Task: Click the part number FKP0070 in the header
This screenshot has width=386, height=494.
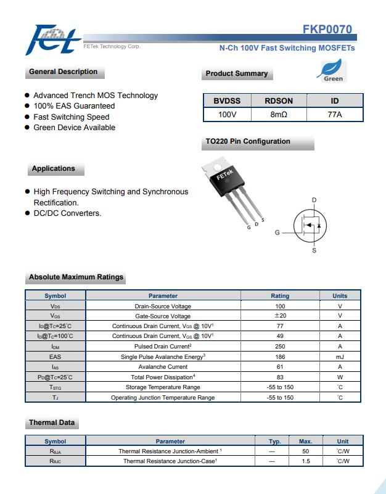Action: click(327, 29)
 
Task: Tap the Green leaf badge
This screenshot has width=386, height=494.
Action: click(333, 71)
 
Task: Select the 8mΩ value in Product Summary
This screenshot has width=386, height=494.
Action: click(279, 114)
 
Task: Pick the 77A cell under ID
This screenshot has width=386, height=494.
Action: click(334, 114)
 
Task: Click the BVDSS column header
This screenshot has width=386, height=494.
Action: click(227, 101)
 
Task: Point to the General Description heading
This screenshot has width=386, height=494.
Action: click(63, 72)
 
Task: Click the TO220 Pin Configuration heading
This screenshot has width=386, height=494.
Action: click(248, 141)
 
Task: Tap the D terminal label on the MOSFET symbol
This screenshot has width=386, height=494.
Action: click(314, 200)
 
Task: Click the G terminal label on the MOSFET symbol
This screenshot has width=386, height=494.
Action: click(277, 233)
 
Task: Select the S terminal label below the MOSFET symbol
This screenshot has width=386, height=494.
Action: click(314, 250)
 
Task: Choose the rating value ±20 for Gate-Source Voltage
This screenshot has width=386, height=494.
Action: click(280, 316)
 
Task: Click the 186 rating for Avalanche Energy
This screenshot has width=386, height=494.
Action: click(280, 356)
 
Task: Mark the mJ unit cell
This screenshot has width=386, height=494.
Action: click(340, 356)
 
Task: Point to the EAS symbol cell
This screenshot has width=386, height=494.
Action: click(55, 356)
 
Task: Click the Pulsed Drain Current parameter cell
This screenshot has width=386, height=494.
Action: click(163, 346)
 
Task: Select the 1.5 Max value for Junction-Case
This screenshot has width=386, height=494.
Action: click(306, 461)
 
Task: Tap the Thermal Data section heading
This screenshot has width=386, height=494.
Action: click(52, 422)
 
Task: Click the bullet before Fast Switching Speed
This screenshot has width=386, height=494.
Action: click(27, 117)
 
